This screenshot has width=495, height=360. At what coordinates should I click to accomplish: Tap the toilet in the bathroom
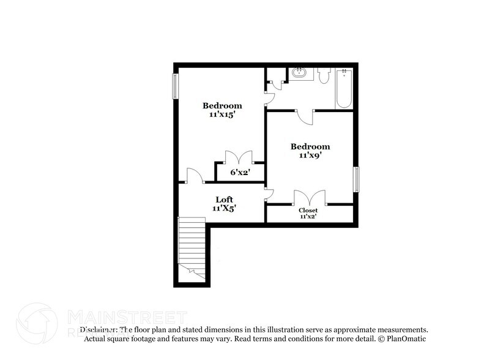[x=324, y=75]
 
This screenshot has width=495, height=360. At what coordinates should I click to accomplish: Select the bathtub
[x=343, y=88]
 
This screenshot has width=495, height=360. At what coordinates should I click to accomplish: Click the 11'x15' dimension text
[x=223, y=115]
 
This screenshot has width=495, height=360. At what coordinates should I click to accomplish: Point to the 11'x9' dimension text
[x=310, y=156]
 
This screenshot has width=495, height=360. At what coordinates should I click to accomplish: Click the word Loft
[x=224, y=199]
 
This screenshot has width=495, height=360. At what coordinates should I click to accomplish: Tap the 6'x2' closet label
[x=239, y=173]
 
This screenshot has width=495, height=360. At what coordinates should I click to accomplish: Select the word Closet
[x=308, y=210]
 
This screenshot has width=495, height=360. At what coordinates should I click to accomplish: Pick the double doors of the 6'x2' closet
[x=239, y=157]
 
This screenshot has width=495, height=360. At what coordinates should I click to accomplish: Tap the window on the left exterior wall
[x=176, y=86]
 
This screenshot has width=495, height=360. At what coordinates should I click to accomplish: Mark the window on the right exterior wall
[x=356, y=179]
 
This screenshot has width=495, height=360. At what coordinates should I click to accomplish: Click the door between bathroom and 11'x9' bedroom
[x=304, y=116]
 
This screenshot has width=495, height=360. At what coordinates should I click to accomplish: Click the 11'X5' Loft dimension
[x=224, y=208]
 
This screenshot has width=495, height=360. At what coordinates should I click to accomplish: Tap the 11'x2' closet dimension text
[x=308, y=216]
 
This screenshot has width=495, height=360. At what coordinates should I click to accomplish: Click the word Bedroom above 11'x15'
[x=223, y=105]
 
